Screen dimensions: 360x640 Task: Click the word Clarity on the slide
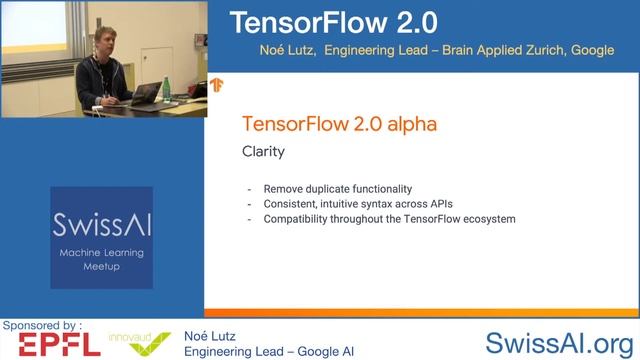(x=264, y=153)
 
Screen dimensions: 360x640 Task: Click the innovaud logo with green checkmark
(x=139, y=343)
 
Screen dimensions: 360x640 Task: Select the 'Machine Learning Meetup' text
(x=101, y=259)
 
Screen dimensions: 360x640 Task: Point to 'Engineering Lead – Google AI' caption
(x=269, y=351)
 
